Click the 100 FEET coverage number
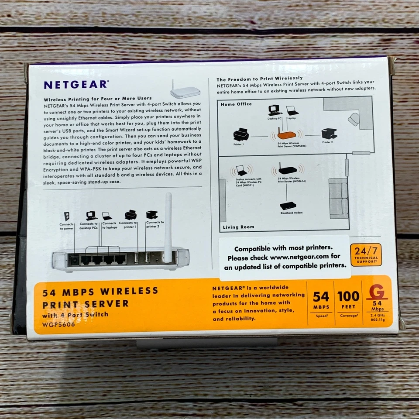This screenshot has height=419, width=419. (x=348, y=296)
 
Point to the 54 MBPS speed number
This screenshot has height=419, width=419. (x=321, y=296)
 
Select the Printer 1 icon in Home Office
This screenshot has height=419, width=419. (x=241, y=135)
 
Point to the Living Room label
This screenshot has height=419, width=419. (x=238, y=227)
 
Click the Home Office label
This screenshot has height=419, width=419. (x=236, y=104)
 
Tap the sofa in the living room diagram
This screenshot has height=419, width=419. (x=339, y=199)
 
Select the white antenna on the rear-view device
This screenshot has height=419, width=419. (x=168, y=227)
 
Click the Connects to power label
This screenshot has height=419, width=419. (x=67, y=226)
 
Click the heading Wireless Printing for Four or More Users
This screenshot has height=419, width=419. (x=98, y=98)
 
